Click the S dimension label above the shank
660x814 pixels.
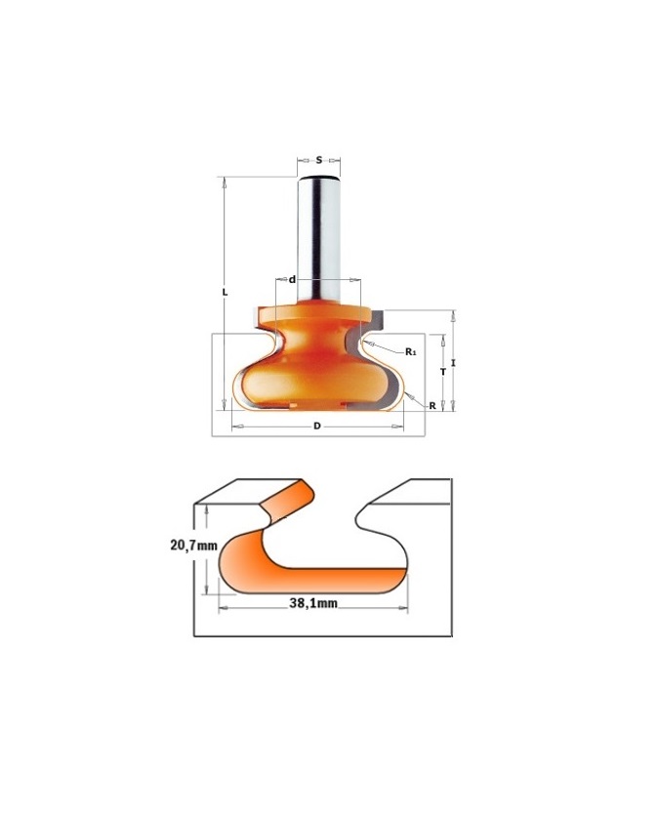(319, 160)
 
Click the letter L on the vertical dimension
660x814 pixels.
(225, 292)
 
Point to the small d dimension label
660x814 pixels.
(292, 280)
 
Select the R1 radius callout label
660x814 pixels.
(411, 351)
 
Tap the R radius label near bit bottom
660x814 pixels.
(433, 406)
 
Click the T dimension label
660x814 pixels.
(443, 372)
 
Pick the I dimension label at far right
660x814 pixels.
(453, 363)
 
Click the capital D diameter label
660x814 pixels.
(316, 426)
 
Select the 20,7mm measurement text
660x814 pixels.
(193, 545)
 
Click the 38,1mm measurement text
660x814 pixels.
(313, 603)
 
